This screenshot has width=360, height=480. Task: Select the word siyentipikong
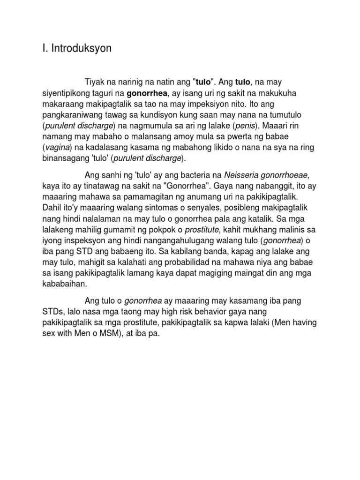(x=66, y=94)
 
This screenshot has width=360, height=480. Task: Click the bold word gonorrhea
(x=147, y=94)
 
